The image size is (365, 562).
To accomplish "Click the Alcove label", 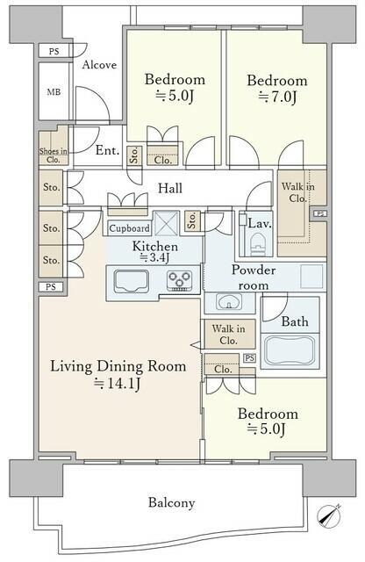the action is point(99,65).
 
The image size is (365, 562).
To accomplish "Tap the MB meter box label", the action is point(54,92).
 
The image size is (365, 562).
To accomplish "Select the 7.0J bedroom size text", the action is point(277,97).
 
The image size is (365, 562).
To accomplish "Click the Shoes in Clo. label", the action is point(53,155).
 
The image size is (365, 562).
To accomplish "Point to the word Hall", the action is point(170,188).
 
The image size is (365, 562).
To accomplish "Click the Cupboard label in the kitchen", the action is point(129,228).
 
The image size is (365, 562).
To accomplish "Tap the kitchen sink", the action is point(131,281).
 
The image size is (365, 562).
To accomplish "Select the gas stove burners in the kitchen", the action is point(179,281).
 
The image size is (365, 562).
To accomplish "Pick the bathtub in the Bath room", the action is point(290,350).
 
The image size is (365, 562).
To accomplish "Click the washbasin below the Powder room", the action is point(229,302).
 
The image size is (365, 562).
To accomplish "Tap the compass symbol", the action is point(329,515).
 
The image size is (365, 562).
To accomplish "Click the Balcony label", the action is point(172,503).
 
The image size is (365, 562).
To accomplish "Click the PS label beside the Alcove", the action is point(54,52).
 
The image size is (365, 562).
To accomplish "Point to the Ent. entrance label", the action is point(107,150).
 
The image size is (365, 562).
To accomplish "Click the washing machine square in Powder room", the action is point(311,277).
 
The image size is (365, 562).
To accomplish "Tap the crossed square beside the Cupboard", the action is point(166,223).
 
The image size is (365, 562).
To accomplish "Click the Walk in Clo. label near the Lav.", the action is point(298,192).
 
